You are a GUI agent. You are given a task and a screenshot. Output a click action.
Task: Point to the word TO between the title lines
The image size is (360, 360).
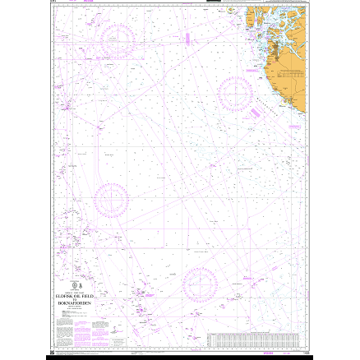[x=76, y=298]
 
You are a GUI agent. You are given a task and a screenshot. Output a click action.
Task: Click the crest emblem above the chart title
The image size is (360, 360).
[x=76, y=284]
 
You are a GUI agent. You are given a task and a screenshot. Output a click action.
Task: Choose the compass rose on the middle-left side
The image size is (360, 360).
[x=111, y=200]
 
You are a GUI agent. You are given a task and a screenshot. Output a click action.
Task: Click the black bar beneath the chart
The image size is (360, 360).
[x=179, y=357]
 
